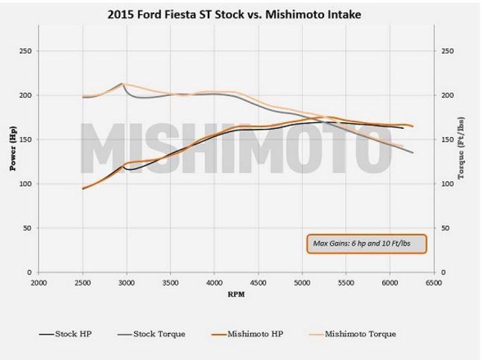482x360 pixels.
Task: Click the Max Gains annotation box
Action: click(366, 244)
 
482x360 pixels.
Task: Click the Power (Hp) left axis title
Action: click(13, 152)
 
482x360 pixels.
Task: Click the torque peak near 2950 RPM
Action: click(122, 83)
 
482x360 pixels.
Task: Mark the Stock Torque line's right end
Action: click(413, 153)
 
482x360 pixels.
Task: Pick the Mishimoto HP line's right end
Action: click(413, 127)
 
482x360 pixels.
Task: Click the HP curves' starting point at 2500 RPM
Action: click(83, 189)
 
